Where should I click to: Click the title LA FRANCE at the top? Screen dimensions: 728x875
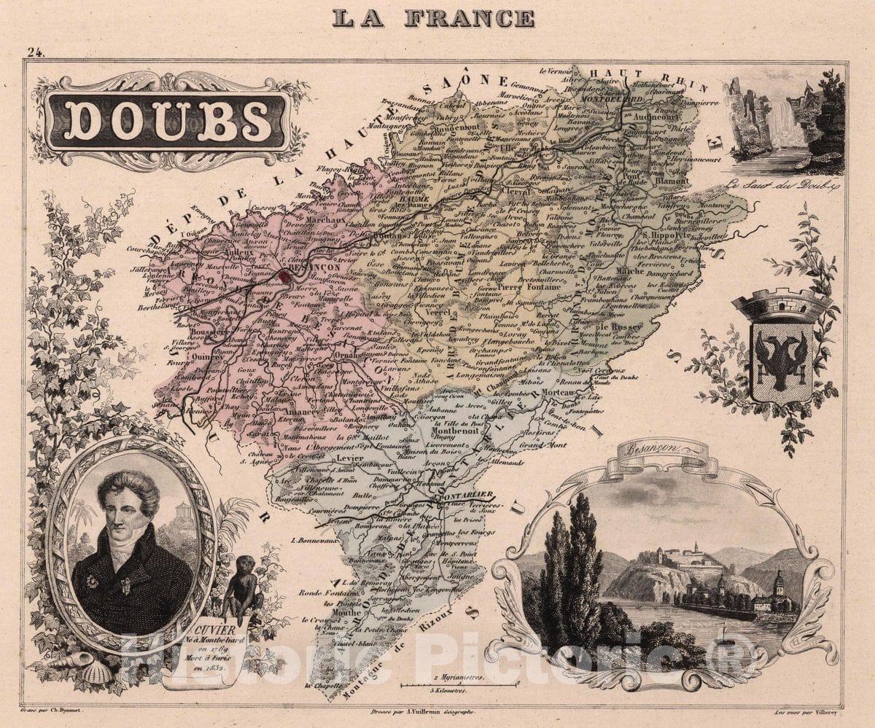pos(433,18)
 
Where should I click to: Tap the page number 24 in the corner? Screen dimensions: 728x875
pos(34,52)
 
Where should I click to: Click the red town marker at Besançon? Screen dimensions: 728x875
pos(284,275)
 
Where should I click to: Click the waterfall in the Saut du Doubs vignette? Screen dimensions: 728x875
pos(787,124)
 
